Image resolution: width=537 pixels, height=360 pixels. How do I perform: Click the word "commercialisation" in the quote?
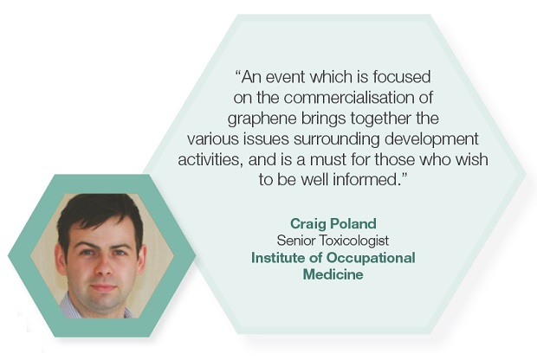point(349,98)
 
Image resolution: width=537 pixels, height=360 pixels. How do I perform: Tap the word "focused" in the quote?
point(401,77)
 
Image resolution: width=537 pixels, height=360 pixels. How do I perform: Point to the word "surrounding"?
point(337,140)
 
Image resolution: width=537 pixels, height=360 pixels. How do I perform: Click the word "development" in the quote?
point(431,140)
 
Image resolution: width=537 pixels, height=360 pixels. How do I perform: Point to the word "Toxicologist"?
point(354,241)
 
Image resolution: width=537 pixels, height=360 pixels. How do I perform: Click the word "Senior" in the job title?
point(296,241)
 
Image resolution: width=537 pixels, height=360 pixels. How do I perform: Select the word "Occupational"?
point(371,259)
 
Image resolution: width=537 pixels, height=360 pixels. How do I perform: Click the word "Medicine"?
point(333,274)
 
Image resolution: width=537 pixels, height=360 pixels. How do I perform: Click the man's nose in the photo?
point(103,268)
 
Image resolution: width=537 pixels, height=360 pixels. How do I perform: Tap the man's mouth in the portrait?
point(103,287)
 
